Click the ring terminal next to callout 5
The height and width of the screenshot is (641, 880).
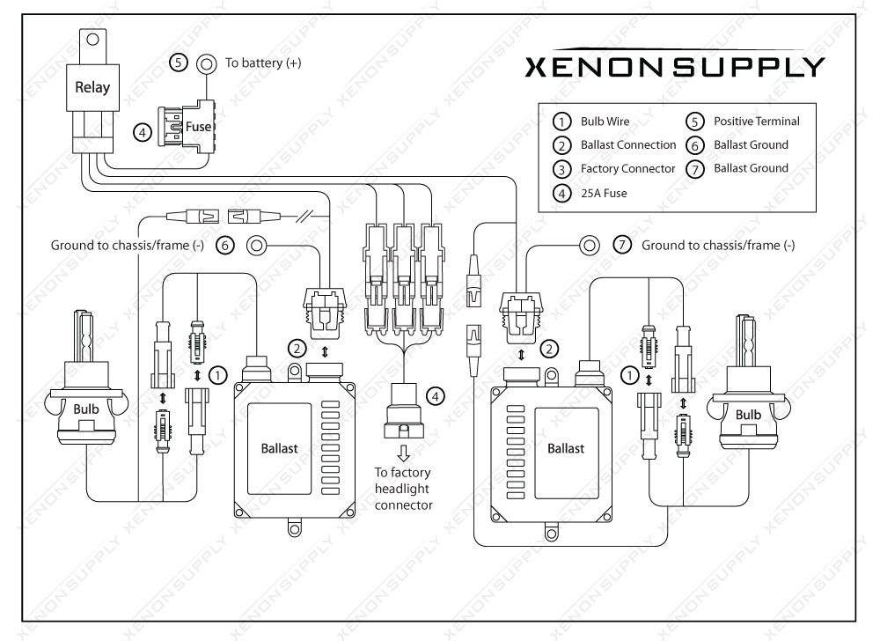click(207, 63)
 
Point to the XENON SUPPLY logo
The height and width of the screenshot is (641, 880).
click(674, 68)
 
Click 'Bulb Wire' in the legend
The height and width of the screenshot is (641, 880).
click(605, 122)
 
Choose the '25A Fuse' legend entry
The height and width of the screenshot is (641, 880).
click(604, 192)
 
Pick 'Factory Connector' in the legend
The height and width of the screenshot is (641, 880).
click(627, 168)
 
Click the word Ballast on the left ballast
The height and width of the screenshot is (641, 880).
click(279, 447)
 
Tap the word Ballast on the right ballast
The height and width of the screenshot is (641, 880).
click(566, 447)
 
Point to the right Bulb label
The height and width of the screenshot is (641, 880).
click(748, 414)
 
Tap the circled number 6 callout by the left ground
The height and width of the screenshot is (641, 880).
click(224, 246)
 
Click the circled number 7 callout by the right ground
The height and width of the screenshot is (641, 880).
click(623, 246)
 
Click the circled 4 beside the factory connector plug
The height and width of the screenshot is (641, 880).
click(437, 395)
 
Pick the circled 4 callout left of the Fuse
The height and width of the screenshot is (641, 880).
click(142, 133)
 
